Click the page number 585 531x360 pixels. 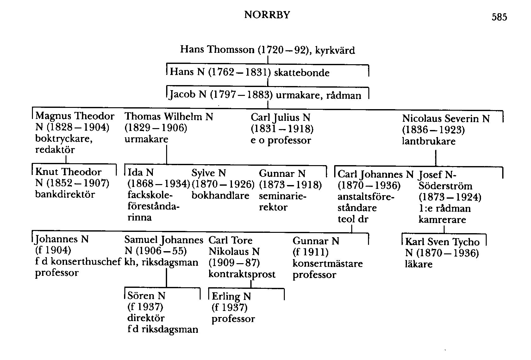click(499, 17)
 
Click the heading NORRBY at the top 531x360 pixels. click(267, 15)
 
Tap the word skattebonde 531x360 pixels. click(302, 73)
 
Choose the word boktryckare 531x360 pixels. click(64, 139)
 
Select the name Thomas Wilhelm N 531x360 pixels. click(169, 117)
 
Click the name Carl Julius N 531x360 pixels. click(280, 117)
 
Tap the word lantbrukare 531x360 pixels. click(428, 141)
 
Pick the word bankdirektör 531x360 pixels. click(65, 194)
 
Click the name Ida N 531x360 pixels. click(141, 172)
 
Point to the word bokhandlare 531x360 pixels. click(220, 196)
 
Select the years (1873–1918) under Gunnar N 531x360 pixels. click(290, 185)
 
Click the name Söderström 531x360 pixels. click(445, 186)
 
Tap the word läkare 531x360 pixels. click(418, 264)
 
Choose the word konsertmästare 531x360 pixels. click(328, 264)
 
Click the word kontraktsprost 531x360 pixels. click(242, 274)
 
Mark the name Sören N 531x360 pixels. click(146, 295)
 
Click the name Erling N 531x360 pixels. click(231, 296)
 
